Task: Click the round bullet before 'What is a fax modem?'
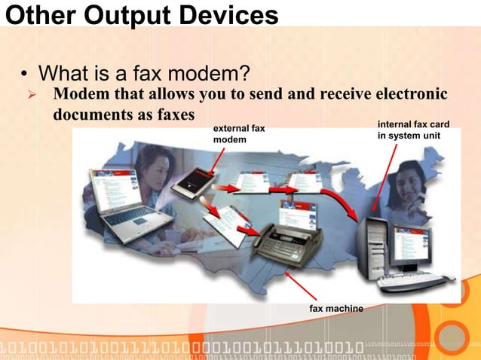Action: tap(24, 75)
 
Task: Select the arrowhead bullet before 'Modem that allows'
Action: tap(32, 95)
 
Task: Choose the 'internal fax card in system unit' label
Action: tap(408, 130)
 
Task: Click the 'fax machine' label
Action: tap(335, 309)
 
